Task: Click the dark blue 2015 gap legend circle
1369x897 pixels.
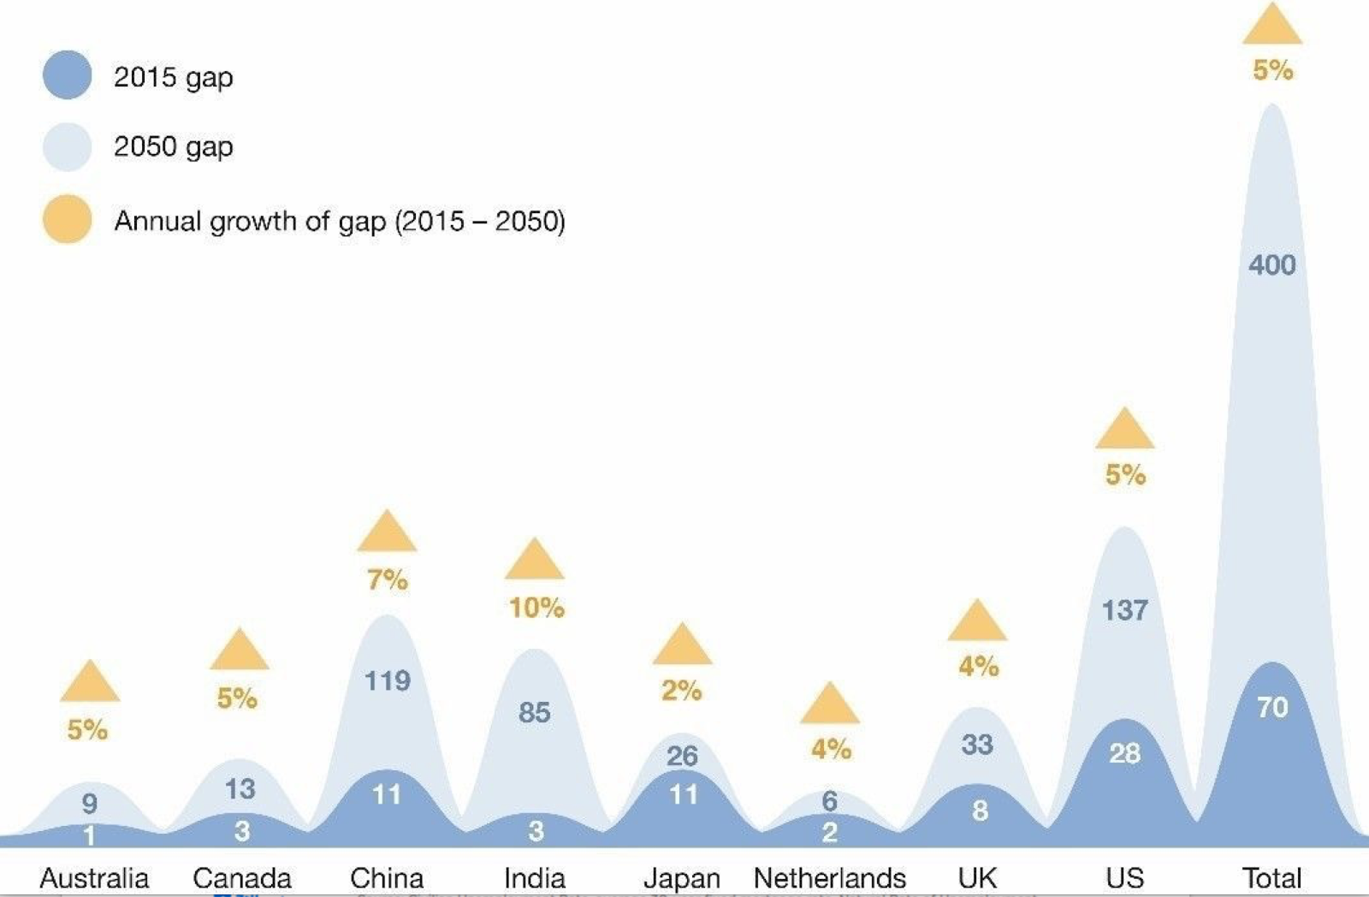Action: click(68, 75)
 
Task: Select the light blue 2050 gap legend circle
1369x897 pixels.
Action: click(68, 146)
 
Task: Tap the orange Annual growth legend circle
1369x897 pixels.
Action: click(68, 220)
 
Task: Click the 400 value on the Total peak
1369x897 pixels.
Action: click(1271, 265)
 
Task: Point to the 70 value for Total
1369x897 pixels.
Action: click(1272, 708)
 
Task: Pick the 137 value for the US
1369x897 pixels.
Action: click(1124, 610)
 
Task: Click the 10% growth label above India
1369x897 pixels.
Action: click(536, 608)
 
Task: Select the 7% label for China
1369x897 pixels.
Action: click(387, 580)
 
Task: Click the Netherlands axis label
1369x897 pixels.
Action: click(829, 878)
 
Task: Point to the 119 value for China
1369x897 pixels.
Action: click(387, 681)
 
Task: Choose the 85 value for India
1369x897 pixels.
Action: click(535, 712)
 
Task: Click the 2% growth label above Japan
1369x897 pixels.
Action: click(681, 691)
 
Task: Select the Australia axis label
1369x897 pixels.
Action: click(94, 878)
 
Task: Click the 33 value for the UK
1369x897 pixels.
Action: click(977, 745)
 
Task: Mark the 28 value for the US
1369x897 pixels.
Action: click(1124, 753)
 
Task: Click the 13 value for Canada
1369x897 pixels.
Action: click(240, 789)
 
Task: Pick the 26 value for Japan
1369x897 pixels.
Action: click(682, 756)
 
